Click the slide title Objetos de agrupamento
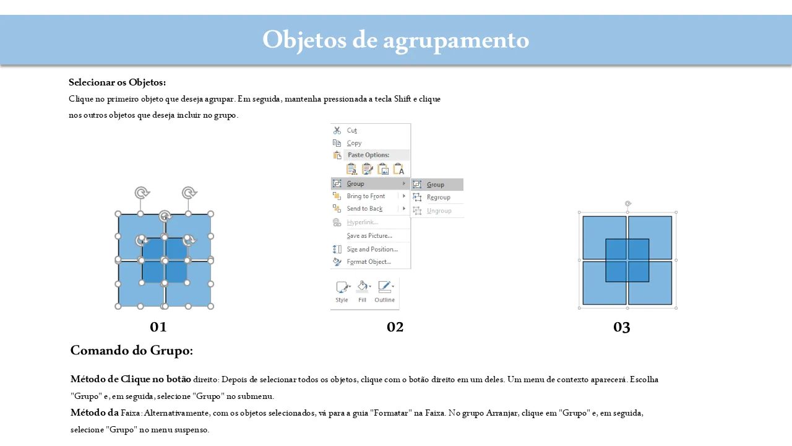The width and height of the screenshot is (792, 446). (395, 40)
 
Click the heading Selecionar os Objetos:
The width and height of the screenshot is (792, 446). (117, 82)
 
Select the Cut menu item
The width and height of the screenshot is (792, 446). (352, 130)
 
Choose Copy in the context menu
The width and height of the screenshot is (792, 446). (354, 143)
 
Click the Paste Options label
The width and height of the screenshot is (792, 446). (368, 155)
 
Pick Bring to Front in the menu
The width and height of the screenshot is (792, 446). (366, 196)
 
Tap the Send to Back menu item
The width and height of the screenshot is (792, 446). (364, 209)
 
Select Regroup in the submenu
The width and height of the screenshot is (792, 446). (439, 198)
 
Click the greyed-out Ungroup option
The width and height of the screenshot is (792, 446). (439, 211)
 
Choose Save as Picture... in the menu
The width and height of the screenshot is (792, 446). (369, 236)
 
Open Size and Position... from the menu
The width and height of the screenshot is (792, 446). (372, 249)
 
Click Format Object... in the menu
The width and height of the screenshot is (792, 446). (369, 261)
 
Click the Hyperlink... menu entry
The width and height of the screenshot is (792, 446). (363, 222)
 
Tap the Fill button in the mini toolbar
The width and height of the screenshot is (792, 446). (363, 292)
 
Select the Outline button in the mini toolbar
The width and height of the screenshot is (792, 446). (385, 292)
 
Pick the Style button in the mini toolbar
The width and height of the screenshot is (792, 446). (342, 292)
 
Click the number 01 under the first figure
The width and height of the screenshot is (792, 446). (158, 327)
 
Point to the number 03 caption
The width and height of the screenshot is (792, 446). (622, 327)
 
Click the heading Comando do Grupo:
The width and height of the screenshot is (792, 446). (132, 351)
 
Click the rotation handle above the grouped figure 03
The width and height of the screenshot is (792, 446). (628, 204)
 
